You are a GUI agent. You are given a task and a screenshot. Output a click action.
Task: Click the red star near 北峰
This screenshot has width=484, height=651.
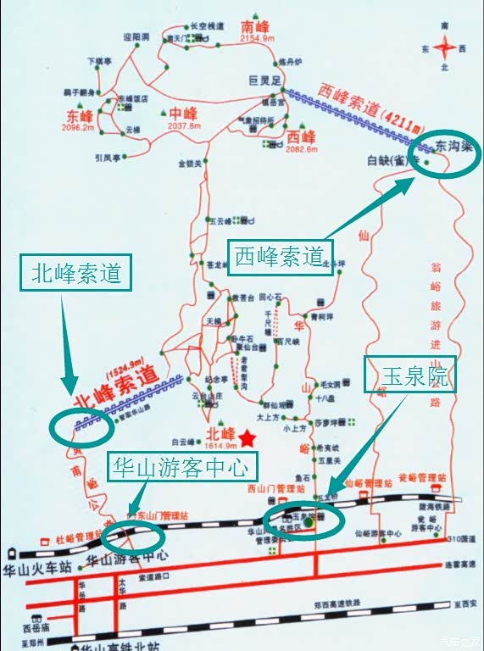(247, 437)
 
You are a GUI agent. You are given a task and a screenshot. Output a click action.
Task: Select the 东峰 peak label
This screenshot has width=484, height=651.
(79, 115)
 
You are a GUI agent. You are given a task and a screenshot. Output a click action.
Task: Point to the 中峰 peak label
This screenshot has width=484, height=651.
(182, 113)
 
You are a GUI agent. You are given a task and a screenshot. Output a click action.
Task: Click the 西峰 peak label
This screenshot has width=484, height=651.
(300, 136)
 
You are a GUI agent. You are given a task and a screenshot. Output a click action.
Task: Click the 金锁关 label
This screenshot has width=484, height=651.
(191, 163)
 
